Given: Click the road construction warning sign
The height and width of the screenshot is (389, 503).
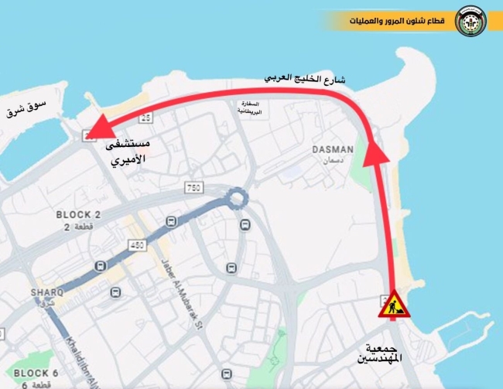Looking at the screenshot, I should pyautogui.click(x=392, y=305).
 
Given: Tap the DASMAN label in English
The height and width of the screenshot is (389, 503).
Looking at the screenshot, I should pyautogui.click(x=333, y=149).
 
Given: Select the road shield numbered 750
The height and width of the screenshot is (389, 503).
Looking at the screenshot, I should pyautogui.click(x=193, y=189).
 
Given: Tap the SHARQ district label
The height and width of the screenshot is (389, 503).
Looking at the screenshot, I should pyautogui.click(x=47, y=293).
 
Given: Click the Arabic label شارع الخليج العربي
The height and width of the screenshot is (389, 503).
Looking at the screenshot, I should pyautogui.click(x=305, y=79).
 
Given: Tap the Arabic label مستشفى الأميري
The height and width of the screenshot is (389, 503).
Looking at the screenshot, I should pyautogui.click(x=128, y=153).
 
